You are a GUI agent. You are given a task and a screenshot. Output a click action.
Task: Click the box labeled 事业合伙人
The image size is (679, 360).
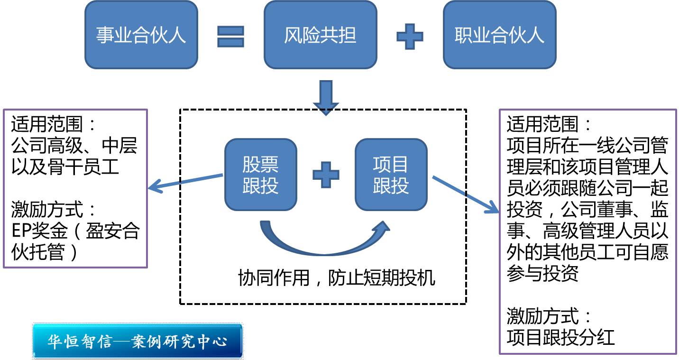point(141,35)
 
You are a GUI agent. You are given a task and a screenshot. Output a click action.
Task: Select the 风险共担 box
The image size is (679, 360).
point(320,35)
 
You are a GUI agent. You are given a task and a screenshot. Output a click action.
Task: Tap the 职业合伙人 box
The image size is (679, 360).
point(499,35)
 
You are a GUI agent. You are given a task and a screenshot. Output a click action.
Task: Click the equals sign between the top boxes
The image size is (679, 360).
point(230,36)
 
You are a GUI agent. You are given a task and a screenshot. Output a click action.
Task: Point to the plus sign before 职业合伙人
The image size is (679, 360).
point(410,36)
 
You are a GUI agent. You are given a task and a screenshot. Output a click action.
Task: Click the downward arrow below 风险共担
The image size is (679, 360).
point(326,98)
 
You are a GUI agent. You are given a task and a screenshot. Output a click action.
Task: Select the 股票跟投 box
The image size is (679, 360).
point(260,175)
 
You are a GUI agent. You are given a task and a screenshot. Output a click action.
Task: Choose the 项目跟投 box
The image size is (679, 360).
point(391,175)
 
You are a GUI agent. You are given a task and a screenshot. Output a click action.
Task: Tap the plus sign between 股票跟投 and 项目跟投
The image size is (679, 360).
point(326,175)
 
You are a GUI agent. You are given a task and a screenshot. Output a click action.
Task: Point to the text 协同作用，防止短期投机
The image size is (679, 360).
point(336,278)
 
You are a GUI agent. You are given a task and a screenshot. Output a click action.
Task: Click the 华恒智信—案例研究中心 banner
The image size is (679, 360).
point(138,341)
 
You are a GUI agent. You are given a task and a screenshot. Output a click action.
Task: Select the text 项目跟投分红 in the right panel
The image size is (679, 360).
point(560,337)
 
